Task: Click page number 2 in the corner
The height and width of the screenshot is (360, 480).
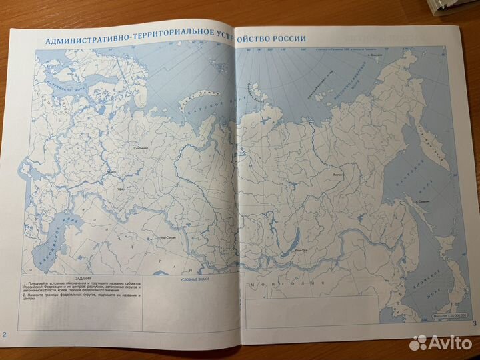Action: [5, 333]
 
